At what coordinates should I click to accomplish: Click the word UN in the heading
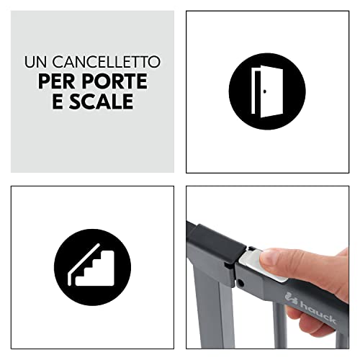coord(35,63)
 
